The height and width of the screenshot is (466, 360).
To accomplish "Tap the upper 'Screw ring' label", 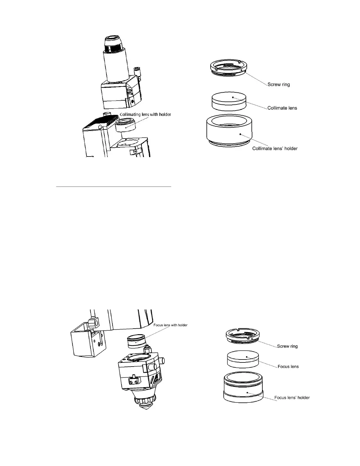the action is pos(278,84).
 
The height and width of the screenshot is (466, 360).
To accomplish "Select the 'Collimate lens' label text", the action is pos(282,108).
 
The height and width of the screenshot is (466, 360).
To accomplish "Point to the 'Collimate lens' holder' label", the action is pos(275,148).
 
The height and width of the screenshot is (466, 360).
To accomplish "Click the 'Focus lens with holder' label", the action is pos(170,325).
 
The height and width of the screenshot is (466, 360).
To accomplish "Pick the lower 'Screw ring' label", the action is pos(287,346).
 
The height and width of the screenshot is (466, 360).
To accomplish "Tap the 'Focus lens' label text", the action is pos(288,367).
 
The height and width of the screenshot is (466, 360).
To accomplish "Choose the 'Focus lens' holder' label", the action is pos(292,397).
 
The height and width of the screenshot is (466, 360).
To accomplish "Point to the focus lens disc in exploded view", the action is pos(243,359).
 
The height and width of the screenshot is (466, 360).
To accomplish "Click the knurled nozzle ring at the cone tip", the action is pos(145,402).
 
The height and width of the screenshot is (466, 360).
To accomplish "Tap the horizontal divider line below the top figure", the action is pos(114,187).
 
